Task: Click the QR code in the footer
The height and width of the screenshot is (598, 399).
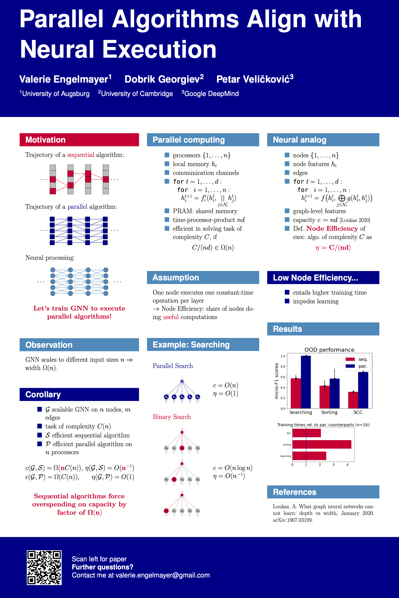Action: click(44, 568)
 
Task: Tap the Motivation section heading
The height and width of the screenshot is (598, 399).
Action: click(45, 140)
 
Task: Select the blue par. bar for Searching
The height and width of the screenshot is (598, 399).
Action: click(306, 382)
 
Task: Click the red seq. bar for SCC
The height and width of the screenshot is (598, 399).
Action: click(353, 400)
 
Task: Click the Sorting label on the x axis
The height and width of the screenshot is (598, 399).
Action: click(329, 412)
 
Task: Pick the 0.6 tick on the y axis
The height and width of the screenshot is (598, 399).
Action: click(283, 377)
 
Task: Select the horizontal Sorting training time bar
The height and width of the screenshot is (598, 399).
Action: click(322, 444)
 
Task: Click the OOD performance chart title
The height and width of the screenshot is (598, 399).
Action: click(329, 350)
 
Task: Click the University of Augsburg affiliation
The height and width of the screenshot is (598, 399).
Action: click(56, 94)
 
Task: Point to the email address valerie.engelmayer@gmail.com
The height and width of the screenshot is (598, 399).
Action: click(163, 575)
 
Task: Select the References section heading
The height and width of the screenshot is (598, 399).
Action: click(294, 492)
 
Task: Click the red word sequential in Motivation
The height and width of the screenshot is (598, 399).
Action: click(81, 155)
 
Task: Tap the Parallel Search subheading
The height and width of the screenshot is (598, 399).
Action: click(173, 366)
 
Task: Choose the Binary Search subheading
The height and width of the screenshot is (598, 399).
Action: click(172, 417)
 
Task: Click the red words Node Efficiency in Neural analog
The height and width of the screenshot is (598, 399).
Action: click(332, 229)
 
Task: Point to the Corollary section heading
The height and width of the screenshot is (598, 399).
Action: click(43, 395)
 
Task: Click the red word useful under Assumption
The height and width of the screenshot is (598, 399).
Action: click(171, 317)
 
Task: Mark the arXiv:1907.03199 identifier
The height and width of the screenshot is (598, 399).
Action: click(293, 520)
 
